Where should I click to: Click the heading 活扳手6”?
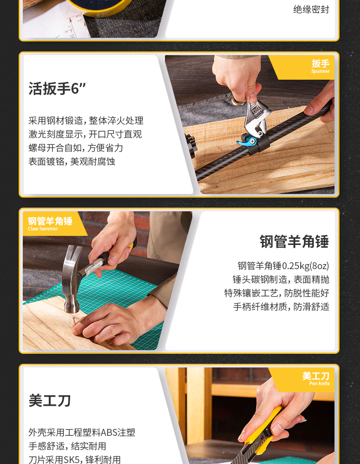coord(57,88)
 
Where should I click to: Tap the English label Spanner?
coord(320,71)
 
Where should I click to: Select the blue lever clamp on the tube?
coord(247,141)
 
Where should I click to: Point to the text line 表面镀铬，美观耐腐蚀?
coord(72,161)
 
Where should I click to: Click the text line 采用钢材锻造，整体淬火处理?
coord(86,120)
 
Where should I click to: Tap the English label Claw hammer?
coord(43,229)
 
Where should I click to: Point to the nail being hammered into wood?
coord(74,321)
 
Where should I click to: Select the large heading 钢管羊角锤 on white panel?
coord(294,241)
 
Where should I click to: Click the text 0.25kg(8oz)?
coord(305,266)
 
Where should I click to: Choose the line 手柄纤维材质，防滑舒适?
coord(281,306)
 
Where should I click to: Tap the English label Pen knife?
coord(319,383)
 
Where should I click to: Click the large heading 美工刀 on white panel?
coord(50,401)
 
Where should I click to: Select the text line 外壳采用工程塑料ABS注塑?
coord(82,432)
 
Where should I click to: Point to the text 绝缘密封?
coord(311,10)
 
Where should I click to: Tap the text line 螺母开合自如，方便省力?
coord(76,148)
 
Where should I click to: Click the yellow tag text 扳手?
coord(321,63)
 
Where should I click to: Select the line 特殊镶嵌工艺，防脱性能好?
coord(277,293)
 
